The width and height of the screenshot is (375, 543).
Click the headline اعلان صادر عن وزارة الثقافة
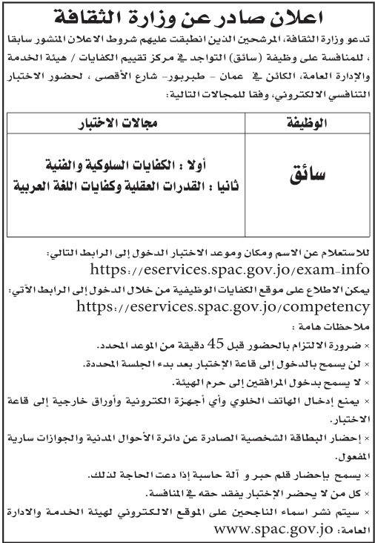(187, 14)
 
